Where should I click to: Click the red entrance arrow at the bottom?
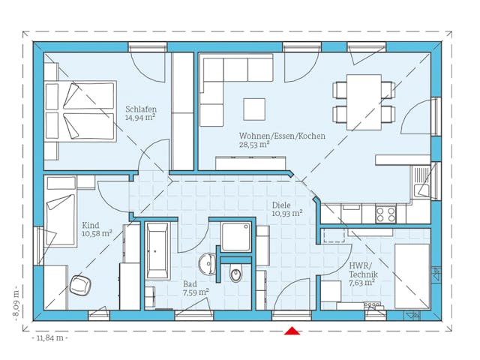click(x=292, y=330)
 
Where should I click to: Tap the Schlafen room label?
click(x=141, y=109)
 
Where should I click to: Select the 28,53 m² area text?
click(x=254, y=145)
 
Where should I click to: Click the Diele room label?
click(x=280, y=203)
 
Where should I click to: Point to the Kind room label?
click(x=90, y=224)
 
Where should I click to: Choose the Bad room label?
click(x=191, y=284)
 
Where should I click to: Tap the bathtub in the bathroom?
click(x=158, y=251)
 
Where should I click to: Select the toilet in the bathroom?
click(x=237, y=273)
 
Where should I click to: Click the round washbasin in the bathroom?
click(x=208, y=264)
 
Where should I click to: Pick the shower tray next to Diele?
click(x=238, y=238)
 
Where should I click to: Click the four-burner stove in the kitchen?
click(x=385, y=214)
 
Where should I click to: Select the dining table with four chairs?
click(x=364, y=102)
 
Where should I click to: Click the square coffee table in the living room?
click(x=253, y=109)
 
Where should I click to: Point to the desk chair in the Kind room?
click(x=80, y=286)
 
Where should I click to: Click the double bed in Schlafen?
click(x=79, y=112)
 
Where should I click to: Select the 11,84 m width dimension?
click(x=49, y=338)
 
